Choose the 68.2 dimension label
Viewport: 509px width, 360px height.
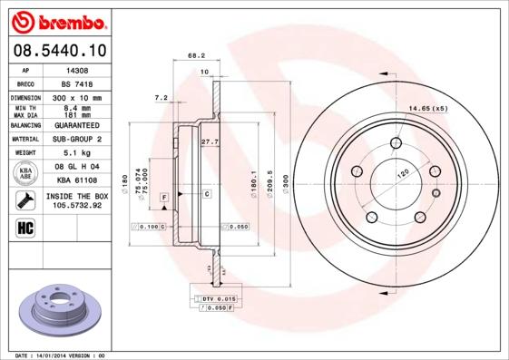coord(196,55)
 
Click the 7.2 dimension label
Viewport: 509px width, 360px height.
coord(162,97)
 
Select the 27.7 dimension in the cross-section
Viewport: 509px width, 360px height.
coord(210,141)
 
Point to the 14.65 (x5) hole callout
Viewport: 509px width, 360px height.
coord(428,109)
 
